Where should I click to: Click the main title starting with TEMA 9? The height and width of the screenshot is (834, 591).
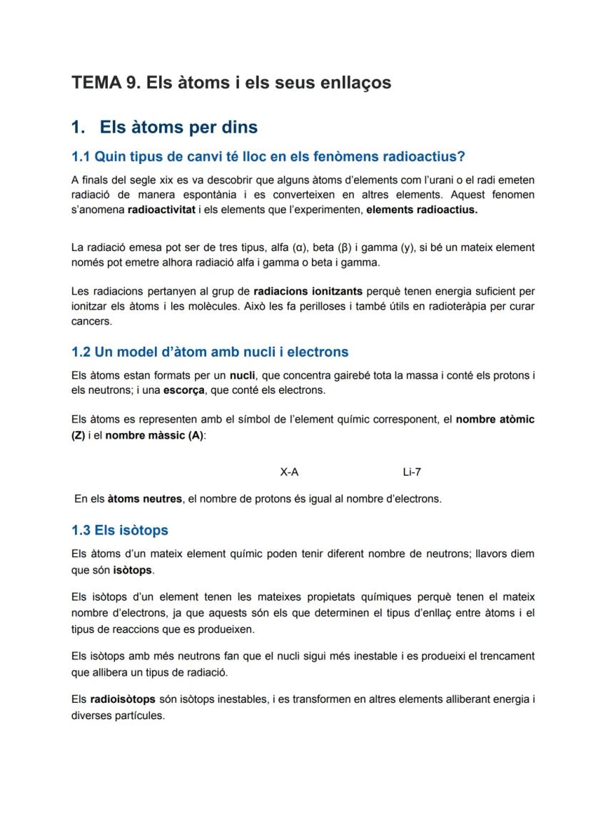click(231, 83)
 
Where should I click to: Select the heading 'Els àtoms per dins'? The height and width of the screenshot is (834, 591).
click(178, 128)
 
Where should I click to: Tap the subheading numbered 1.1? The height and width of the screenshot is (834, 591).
click(268, 156)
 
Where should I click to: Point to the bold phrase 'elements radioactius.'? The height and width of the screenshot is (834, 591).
click(422, 210)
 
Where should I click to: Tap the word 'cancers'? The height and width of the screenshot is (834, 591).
click(91, 321)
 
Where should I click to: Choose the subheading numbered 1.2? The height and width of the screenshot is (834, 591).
click(210, 352)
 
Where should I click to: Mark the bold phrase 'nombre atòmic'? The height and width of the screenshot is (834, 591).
click(495, 419)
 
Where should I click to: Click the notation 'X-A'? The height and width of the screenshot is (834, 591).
click(289, 472)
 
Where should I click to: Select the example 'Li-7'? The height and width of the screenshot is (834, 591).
click(412, 472)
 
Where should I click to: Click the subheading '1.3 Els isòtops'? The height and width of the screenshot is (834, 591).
click(120, 530)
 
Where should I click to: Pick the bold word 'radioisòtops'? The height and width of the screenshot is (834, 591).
click(123, 699)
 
